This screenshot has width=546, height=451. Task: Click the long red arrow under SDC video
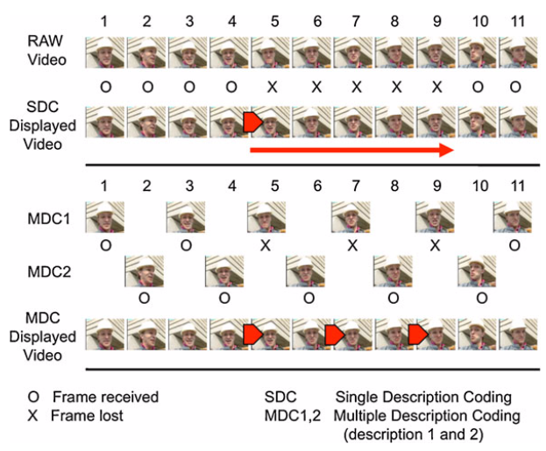tap(351, 151)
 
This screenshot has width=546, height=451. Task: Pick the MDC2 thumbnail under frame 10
tap(477, 272)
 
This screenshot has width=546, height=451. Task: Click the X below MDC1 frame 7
tap(351, 245)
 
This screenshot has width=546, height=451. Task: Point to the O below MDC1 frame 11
tap(516, 245)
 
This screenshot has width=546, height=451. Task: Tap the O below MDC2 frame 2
tap(145, 299)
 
